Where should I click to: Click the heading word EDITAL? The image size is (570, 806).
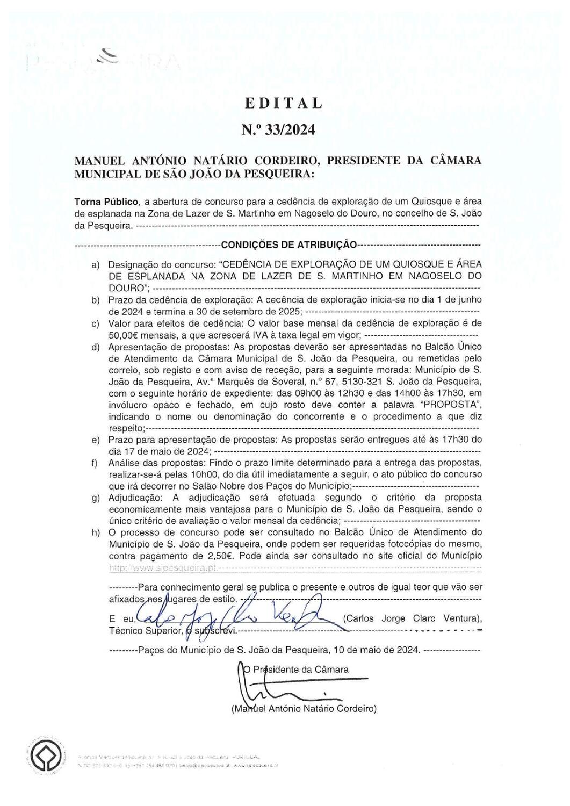click(284, 103)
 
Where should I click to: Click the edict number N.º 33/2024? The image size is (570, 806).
click(278, 130)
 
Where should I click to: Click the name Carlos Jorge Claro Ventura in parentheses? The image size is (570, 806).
click(412, 618)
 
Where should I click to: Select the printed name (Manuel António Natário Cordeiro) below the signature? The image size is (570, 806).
click(304, 709)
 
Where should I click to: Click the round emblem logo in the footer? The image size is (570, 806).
click(42, 758)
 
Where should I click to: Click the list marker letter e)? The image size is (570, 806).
click(96, 440)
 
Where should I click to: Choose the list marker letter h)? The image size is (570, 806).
click(96, 532)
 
